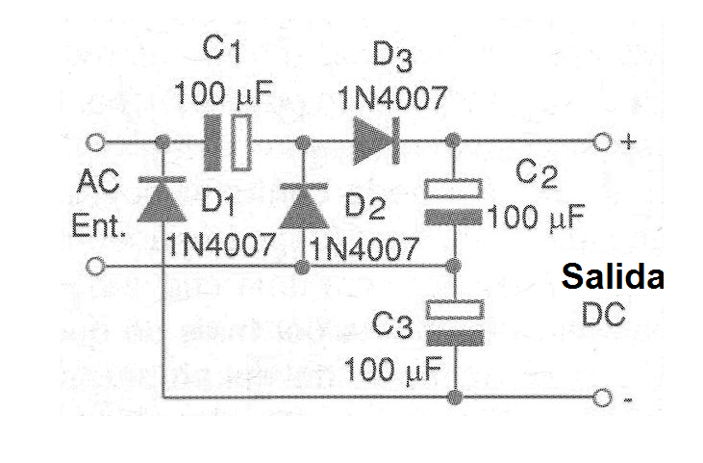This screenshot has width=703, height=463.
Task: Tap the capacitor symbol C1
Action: point(231,142)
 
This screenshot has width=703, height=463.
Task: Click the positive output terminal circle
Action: point(603,142)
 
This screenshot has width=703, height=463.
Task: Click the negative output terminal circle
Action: point(603,398)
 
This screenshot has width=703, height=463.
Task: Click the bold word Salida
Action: point(613,277)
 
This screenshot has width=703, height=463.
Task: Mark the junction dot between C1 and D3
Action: point(303,142)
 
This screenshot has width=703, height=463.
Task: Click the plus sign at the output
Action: point(629,142)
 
